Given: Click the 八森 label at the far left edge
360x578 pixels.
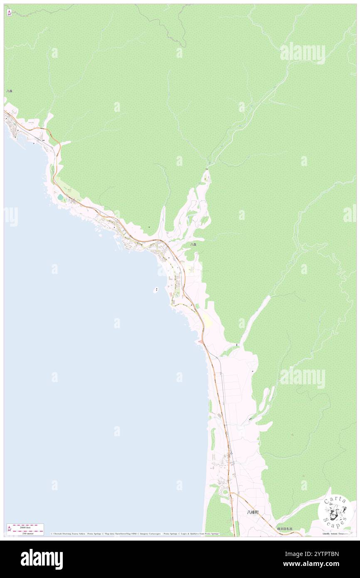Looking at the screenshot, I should [x=9, y=91].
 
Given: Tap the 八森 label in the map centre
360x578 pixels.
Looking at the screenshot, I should [x=193, y=245].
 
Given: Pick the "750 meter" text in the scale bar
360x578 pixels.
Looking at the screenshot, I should [x=25, y=533].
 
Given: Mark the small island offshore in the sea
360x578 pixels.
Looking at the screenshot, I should [x=156, y=290].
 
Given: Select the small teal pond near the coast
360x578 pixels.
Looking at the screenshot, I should [x=61, y=197].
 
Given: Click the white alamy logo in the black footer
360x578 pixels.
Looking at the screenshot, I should [x=42, y=559].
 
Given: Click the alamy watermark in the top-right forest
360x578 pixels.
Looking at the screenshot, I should [x=303, y=53].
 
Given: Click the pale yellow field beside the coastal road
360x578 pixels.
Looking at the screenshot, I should [x=206, y=321].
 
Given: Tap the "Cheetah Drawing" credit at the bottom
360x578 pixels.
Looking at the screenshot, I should [x=66, y=534].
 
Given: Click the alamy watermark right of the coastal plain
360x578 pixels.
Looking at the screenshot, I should [x=303, y=378].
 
